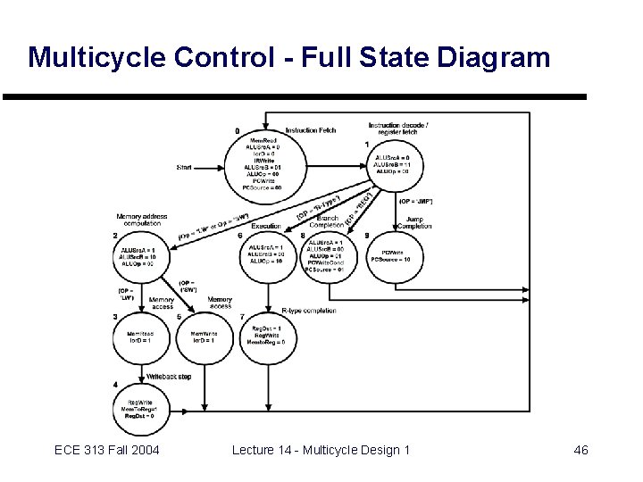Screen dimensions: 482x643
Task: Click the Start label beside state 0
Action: (184, 167)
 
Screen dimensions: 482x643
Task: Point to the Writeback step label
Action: (169, 377)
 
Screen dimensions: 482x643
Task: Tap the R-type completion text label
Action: (308, 311)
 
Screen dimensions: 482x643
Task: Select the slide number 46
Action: (580, 450)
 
